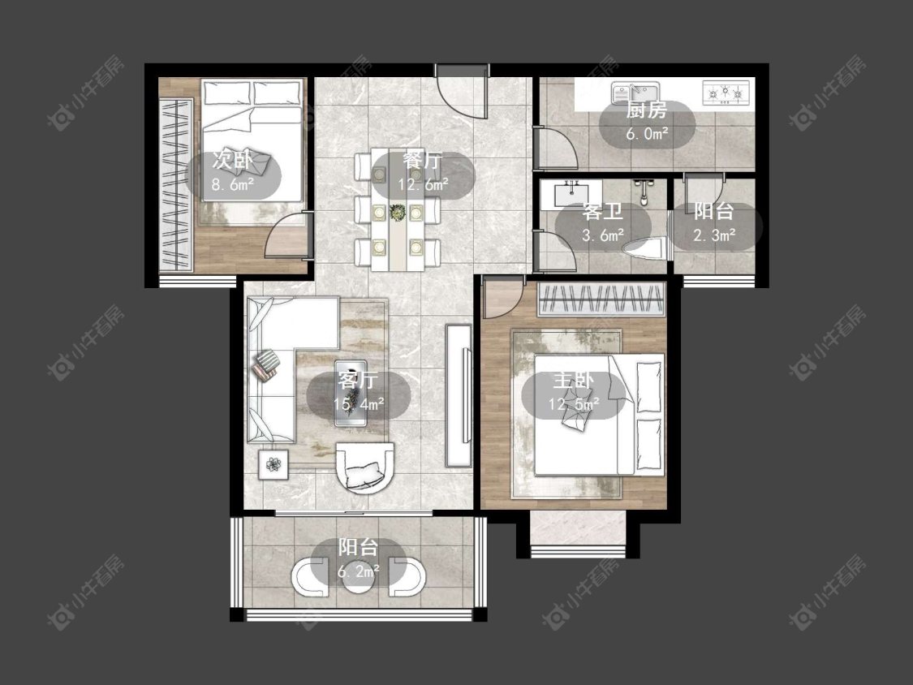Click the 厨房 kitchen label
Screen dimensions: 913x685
(646, 110)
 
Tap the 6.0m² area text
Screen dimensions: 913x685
(647, 134)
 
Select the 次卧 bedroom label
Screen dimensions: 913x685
(232, 160)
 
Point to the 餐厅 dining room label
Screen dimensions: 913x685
(423, 160)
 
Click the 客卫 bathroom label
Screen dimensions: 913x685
(603, 212)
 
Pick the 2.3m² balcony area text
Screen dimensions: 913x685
(714, 235)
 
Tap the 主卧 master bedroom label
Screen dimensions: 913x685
(573, 380)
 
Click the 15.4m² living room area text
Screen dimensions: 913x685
(358, 403)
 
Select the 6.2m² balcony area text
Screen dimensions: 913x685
(359, 571)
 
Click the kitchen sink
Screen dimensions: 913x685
(635, 93)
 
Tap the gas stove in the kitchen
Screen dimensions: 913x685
(726, 92)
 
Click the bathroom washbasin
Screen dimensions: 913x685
(571, 193)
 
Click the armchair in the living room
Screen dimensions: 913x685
(365, 467)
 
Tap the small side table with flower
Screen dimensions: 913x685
(273, 465)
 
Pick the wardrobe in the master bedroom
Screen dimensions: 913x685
(601, 299)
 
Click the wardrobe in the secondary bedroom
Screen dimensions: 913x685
(176, 185)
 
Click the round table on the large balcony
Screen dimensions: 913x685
(358, 576)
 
